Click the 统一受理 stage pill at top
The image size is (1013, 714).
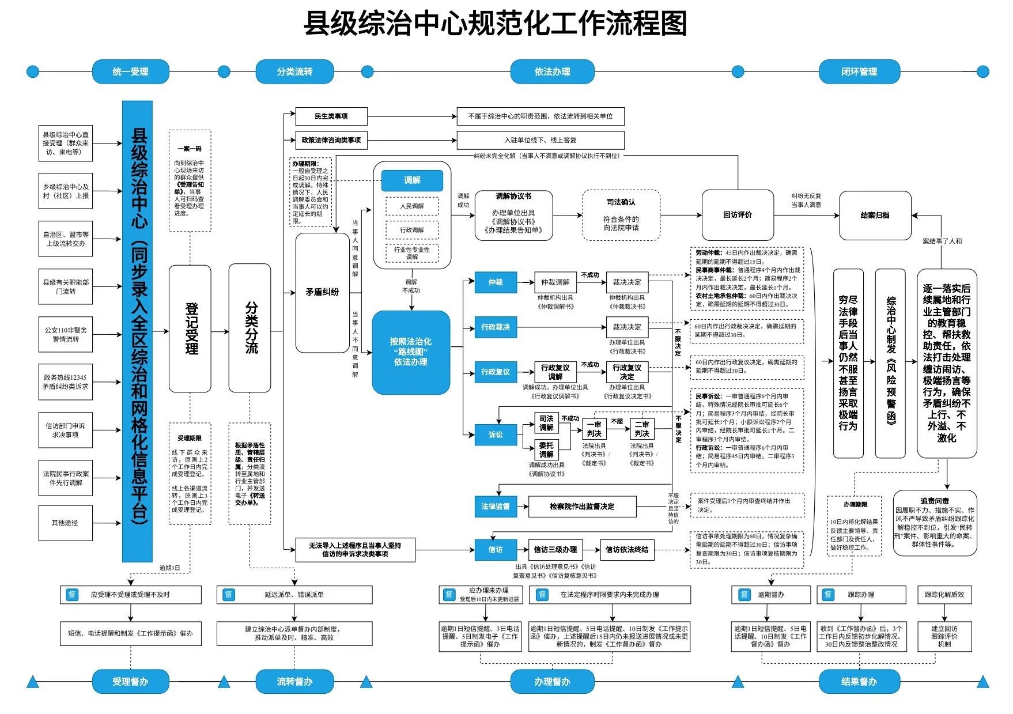tap(131, 71)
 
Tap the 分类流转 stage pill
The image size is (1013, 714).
tap(294, 71)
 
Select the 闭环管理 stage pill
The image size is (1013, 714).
tap(859, 71)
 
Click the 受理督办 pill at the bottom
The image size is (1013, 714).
tap(131, 682)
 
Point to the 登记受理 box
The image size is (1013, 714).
tap(190, 328)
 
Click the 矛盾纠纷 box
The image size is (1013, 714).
tap(322, 292)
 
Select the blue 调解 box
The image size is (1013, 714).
tap(412, 180)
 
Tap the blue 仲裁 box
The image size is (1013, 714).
tap(496, 282)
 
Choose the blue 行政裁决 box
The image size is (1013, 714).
tap(496, 327)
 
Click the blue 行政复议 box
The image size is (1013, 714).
tap(496, 372)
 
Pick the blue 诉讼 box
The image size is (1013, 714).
tap(496, 435)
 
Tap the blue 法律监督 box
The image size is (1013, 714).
tap(496, 507)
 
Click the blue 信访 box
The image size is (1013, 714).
tap(496, 550)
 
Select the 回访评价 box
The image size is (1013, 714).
tap(738, 215)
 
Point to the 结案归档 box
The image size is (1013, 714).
tap(875, 216)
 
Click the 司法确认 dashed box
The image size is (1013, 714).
tap(621, 215)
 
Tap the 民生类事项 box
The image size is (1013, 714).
tap(331, 116)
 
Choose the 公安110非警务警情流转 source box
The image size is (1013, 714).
tap(66, 335)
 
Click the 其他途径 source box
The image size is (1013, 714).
tap(65, 523)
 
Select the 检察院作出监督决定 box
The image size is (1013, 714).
tap(582, 507)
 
